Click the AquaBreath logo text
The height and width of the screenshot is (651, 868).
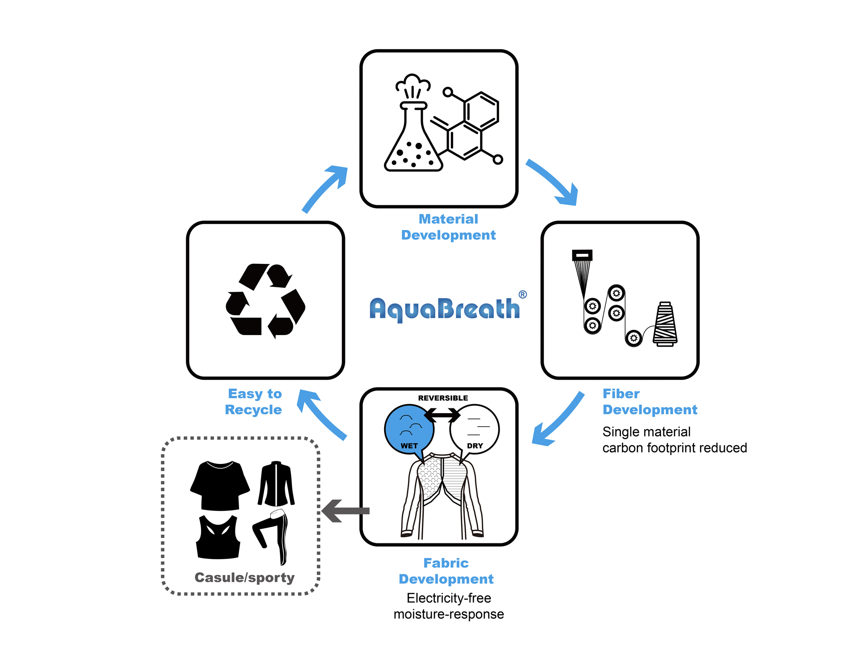click(444, 309)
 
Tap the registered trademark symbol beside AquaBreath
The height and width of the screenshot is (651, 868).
click(523, 295)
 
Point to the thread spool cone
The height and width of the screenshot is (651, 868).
click(665, 325)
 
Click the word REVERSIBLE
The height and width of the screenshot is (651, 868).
click(443, 398)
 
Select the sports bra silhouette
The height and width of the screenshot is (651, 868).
click(218, 537)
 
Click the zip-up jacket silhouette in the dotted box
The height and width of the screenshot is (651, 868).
click(276, 484)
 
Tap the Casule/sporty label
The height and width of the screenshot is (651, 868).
click(244, 578)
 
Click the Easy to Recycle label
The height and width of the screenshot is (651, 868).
click(254, 401)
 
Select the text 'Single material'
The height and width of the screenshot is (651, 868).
click(646, 432)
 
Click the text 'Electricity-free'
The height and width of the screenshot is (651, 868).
click(449, 598)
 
